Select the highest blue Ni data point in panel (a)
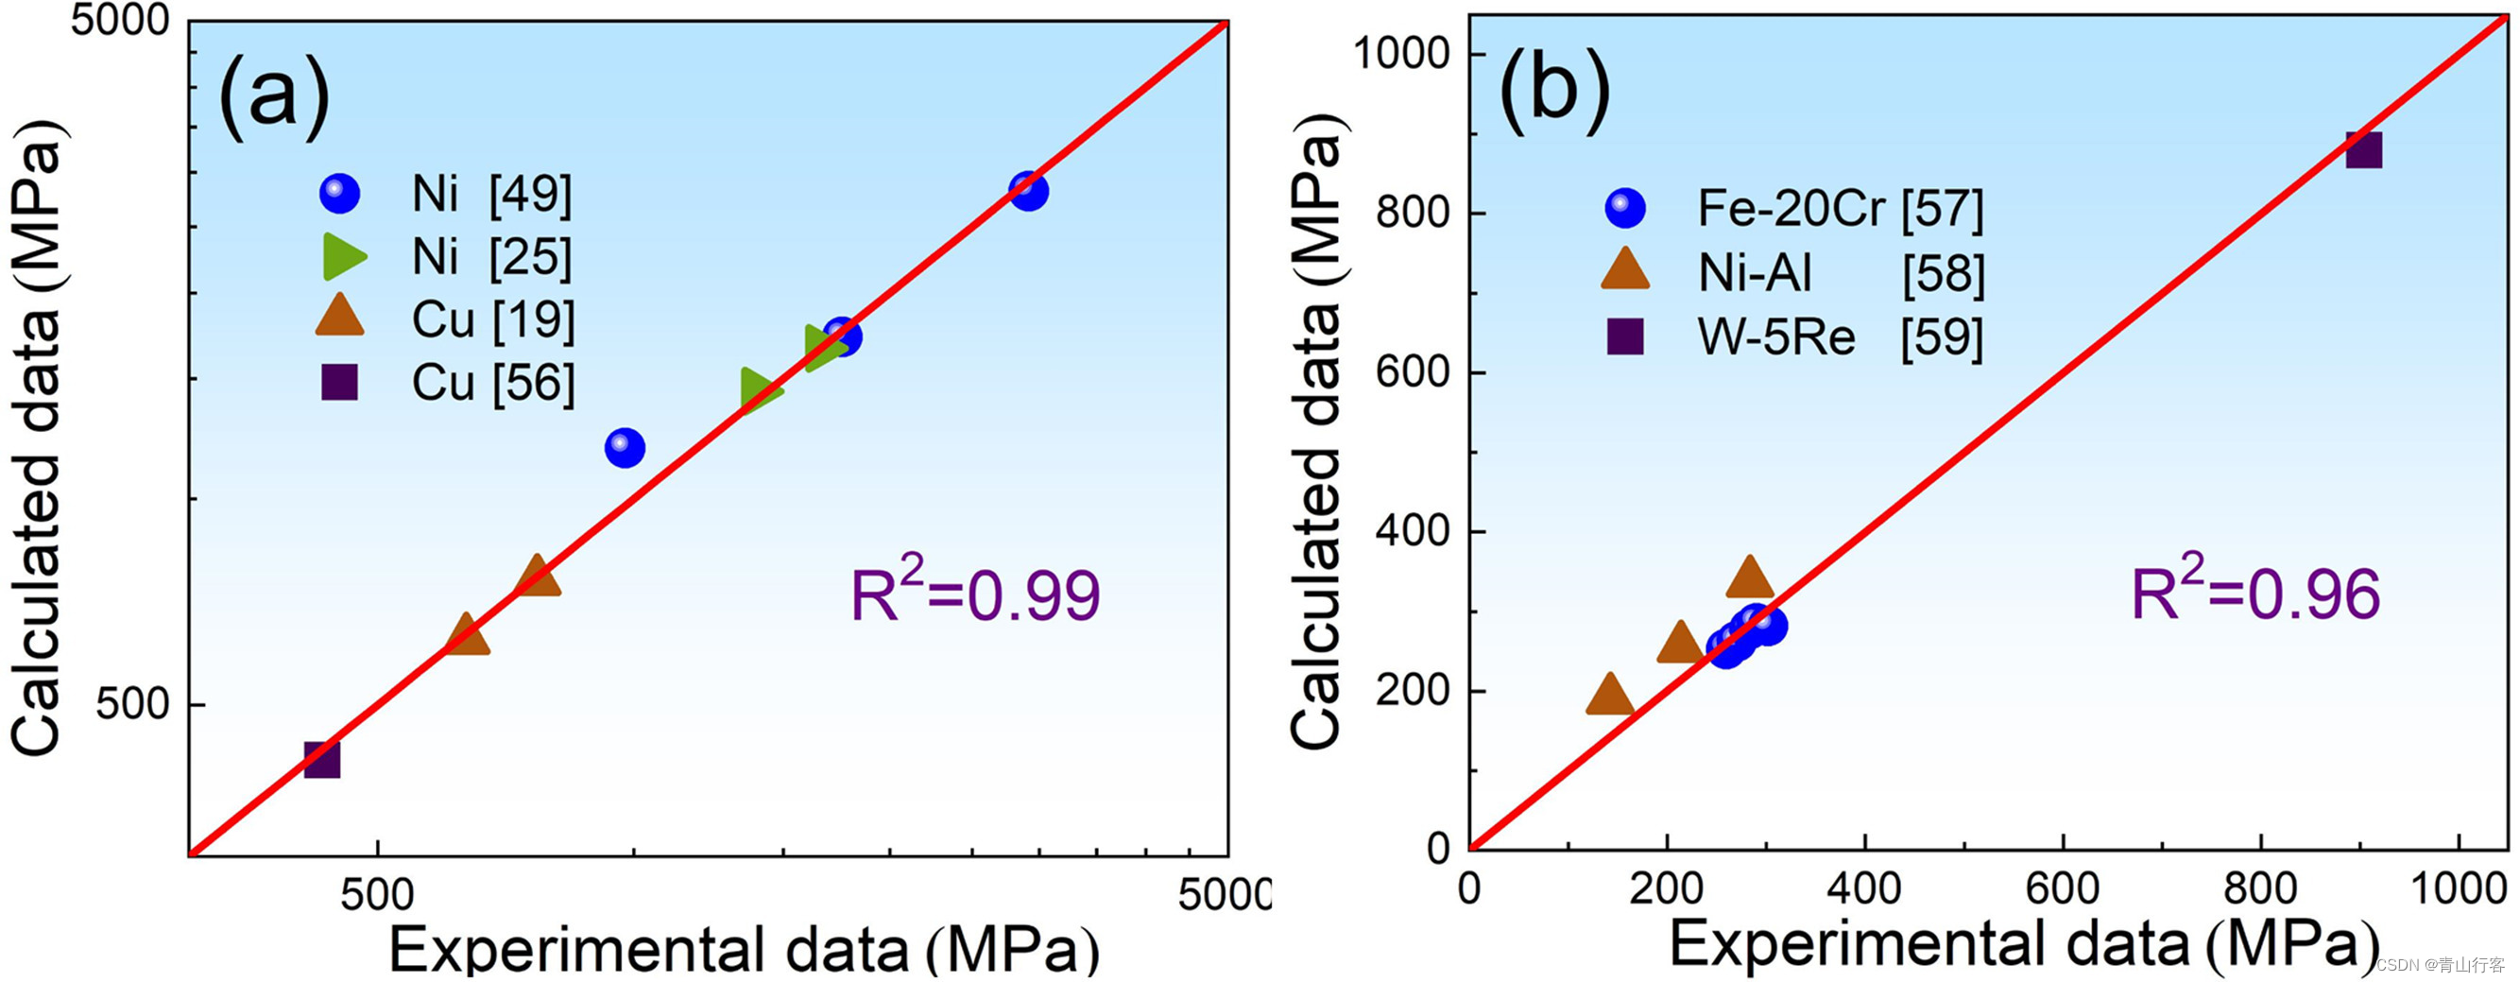coord(1028,191)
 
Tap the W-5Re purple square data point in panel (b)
coord(2363,150)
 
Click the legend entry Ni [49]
coord(446,194)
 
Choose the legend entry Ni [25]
coord(446,256)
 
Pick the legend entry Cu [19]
coord(446,319)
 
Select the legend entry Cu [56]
coord(446,383)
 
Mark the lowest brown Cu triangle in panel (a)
coord(467,637)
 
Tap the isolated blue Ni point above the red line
coord(626,448)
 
